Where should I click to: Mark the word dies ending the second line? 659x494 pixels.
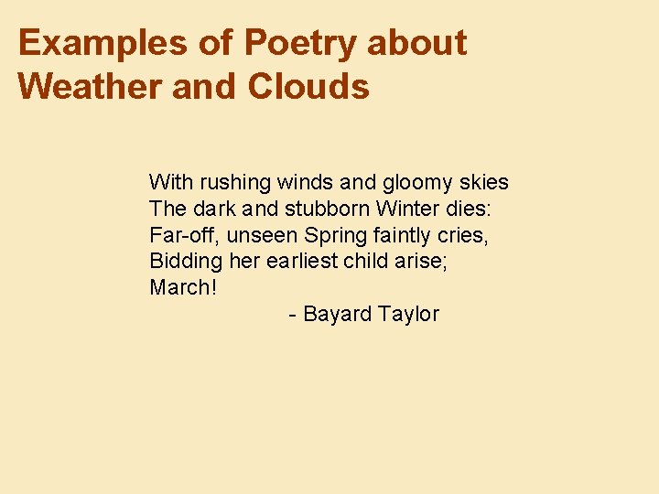pyautogui.click(x=469, y=209)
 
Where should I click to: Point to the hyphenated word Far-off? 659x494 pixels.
pyautogui.click(x=180, y=235)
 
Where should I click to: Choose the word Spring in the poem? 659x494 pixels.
pyautogui.click(x=334, y=236)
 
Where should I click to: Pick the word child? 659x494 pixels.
pyautogui.click(x=365, y=261)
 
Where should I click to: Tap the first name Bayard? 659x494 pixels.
pyautogui.click(x=337, y=315)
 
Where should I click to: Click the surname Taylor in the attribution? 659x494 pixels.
pyautogui.click(x=408, y=315)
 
